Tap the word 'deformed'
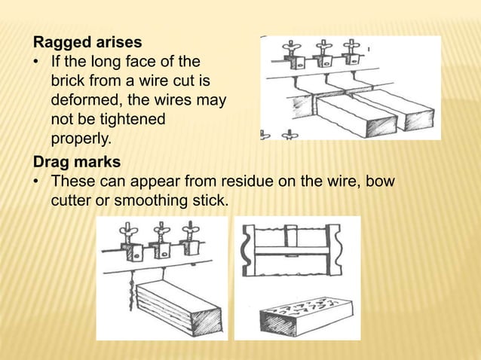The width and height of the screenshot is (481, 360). pyautogui.click(x=84, y=100)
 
